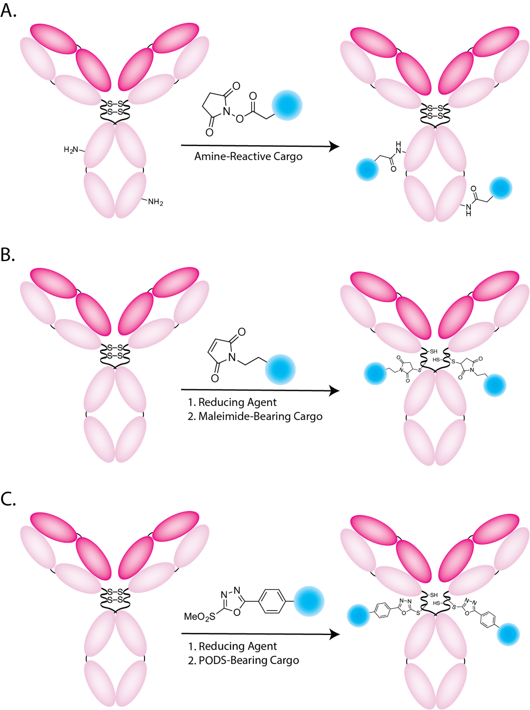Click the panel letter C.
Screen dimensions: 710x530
[8, 499]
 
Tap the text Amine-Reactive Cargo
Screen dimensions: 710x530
[248, 157]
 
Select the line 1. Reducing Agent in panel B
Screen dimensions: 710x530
[232, 402]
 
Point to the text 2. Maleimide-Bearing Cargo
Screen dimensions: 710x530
[255, 417]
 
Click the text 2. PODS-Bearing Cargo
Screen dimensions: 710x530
[243, 660]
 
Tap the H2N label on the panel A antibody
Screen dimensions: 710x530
[71, 150]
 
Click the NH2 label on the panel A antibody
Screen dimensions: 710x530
[155, 202]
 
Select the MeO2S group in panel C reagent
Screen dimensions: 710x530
[200, 616]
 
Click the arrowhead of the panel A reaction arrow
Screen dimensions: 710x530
[335, 146]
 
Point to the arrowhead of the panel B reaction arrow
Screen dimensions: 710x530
[335, 390]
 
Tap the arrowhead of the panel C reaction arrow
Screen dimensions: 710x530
[335, 634]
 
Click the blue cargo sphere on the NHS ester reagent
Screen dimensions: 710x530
[287, 105]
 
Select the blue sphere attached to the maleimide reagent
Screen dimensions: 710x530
[280, 370]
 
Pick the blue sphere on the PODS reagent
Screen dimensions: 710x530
[309, 601]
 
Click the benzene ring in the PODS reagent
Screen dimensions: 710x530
[272, 602]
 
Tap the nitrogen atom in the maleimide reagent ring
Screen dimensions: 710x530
[232, 357]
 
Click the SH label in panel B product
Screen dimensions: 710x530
[433, 351]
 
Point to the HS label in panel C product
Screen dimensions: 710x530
[436, 603]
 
